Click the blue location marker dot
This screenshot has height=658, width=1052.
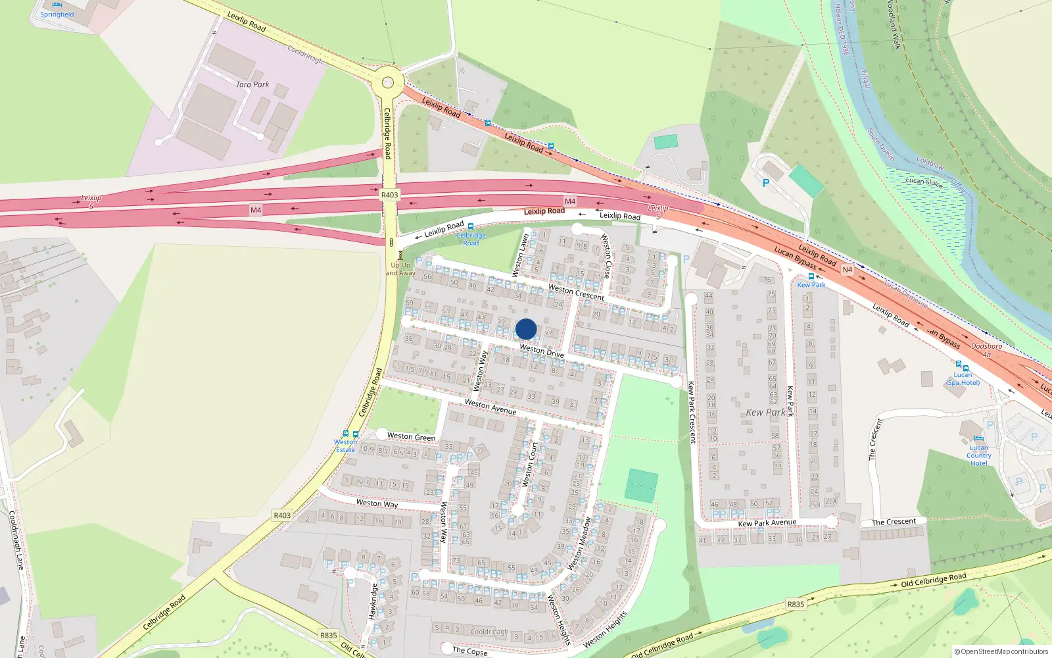pos(526,329)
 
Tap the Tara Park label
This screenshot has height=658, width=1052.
pos(252,84)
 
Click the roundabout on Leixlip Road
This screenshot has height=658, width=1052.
pos(388,82)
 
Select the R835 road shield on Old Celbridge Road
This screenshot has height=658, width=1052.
pos(796,604)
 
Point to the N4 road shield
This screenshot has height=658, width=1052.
pos(847,270)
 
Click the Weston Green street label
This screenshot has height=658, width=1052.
pos(411,436)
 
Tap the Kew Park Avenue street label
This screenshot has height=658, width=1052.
pos(767,523)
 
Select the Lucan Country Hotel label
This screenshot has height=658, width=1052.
pos(978,455)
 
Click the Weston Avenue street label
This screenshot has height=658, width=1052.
pos(490,407)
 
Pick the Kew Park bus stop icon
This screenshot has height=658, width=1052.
pos(811,276)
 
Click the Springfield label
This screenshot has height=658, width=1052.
pos(57,14)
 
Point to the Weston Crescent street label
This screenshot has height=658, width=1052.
pos(576,292)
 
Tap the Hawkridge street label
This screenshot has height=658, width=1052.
pos(372,601)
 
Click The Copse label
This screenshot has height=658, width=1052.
pos(469,651)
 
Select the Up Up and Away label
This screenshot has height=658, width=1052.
pos(400,269)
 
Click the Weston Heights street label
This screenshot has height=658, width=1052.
pos(605,630)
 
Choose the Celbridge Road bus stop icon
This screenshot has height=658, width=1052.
pos(471,226)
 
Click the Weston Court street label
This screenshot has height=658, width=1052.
pos(530,465)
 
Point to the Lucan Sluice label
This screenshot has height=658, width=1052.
pos(924,182)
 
